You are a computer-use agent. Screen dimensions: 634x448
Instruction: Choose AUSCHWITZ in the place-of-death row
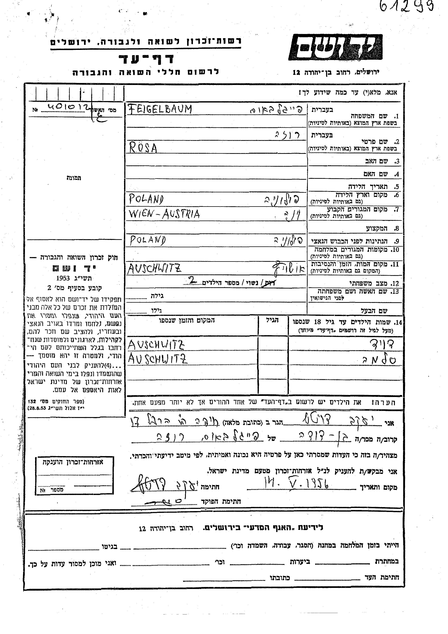pyautogui.click(x=154, y=268)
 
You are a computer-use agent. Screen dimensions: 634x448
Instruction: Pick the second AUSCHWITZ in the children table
pyautogui.click(x=158, y=359)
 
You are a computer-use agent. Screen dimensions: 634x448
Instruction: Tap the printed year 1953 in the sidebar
pyautogui.click(x=63, y=278)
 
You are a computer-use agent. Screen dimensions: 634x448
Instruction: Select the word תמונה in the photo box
pyautogui.click(x=74, y=178)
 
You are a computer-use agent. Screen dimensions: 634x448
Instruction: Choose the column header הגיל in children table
pyautogui.click(x=272, y=320)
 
